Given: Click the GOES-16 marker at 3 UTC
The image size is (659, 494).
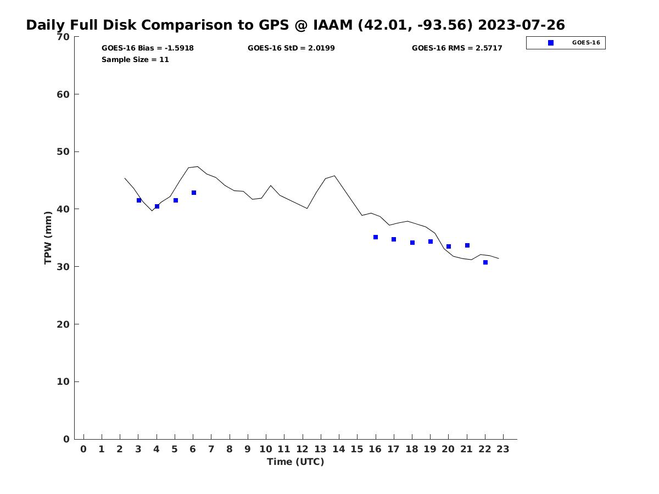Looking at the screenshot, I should [139, 200].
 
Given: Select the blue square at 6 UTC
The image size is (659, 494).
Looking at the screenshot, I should [194, 193].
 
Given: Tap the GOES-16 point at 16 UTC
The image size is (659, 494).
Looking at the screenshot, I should [376, 237].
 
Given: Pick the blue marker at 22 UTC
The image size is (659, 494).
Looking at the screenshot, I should [485, 262].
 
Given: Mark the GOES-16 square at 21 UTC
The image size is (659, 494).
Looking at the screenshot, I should [467, 245].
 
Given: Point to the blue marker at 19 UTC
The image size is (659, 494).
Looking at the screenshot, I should [431, 242].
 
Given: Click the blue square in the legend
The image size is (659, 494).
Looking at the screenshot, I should [551, 43].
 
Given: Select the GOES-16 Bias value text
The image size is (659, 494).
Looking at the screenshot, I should [147, 48].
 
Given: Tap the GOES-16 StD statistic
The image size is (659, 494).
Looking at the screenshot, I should [291, 48].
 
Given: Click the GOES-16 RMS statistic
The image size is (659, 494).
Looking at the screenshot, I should [457, 48].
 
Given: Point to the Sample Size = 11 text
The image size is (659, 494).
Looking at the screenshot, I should [135, 60].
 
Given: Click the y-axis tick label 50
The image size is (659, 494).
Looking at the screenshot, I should [63, 151].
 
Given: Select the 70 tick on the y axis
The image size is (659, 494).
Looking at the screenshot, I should [63, 37].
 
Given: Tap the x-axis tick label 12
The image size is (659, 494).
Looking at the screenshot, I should [302, 450].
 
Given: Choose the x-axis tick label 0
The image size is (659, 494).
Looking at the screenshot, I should [83, 450].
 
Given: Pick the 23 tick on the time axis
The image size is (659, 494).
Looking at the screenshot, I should [503, 450].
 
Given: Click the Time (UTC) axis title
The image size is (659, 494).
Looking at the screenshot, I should [295, 462].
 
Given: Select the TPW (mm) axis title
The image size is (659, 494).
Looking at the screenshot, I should [48, 238].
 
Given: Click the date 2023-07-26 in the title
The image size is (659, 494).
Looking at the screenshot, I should [521, 25].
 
